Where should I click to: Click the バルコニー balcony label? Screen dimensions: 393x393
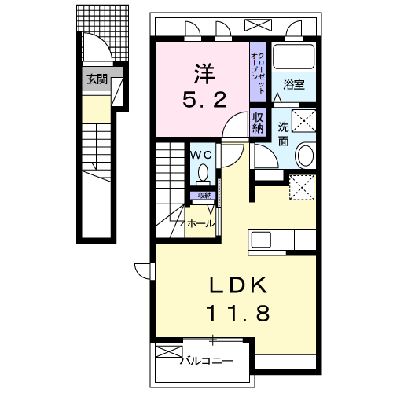click(x=207, y=362)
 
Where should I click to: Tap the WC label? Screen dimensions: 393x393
click(x=203, y=155)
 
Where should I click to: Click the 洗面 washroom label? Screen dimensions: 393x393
click(x=284, y=134)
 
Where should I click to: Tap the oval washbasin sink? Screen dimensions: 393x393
click(x=305, y=155)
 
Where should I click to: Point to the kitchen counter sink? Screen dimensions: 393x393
click(x=263, y=240)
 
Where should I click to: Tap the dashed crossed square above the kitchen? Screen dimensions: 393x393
click(x=302, y=187)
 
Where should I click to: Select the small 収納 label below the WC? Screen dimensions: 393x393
click(x=204, y=195)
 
